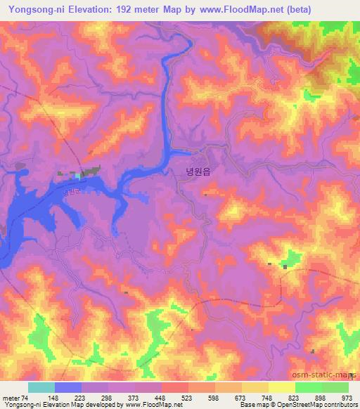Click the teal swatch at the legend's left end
pyautogui.click(x=41, y=387)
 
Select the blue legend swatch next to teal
pyautogui.click(x=68, y=387)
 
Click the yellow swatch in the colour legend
pyautogui.click(x=282, y=387)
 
